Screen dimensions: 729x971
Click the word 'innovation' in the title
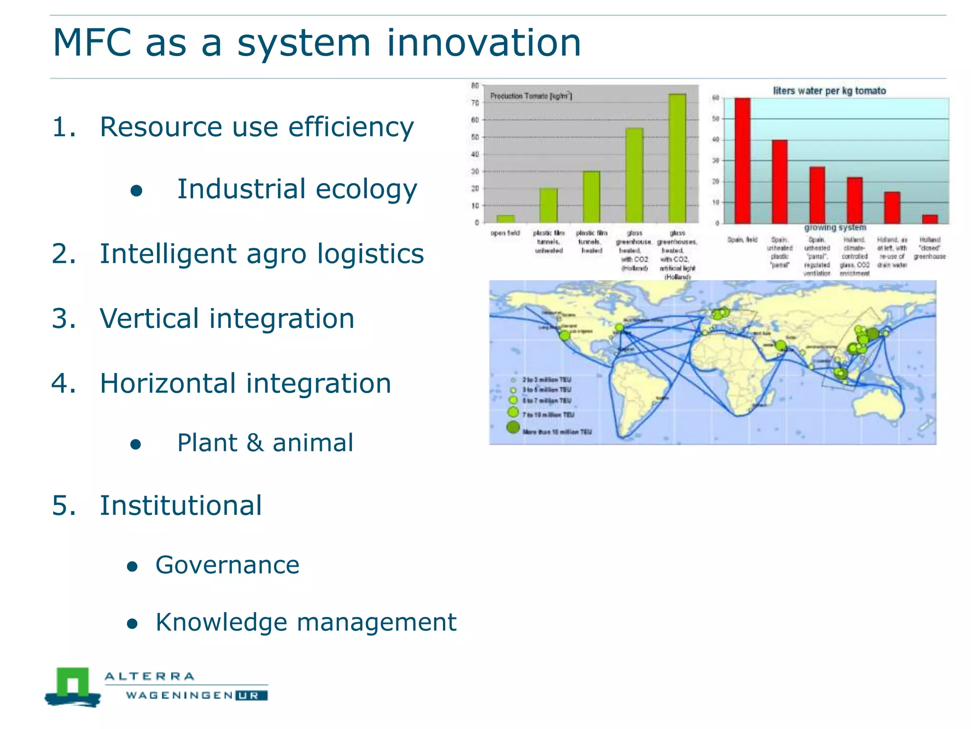tap(484, 43)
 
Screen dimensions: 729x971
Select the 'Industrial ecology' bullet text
tap(297, 189)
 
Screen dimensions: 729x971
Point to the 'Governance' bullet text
tap(228, 565)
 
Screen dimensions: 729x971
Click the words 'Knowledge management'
tap(306, 622)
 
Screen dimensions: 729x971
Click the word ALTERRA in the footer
tap(149, 676)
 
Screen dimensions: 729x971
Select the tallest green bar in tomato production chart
tap(677, 158)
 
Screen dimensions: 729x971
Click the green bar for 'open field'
tap(505, 219)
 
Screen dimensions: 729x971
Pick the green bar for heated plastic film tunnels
tap(591, 197)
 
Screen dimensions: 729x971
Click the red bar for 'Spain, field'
tap(742, 160)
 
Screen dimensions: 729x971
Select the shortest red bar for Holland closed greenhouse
tap(930, 219)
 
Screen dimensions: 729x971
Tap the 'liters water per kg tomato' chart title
tap(829, 91)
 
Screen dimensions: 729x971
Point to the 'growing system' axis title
tap(835, 228)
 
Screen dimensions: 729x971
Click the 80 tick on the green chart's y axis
tap(475, 86)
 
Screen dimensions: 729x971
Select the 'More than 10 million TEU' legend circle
tap(513, 427)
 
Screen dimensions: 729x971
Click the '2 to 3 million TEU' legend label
tap(547, 380)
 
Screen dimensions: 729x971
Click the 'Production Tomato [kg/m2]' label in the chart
tap(531, 96)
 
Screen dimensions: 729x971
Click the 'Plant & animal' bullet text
tap(265, 443)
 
